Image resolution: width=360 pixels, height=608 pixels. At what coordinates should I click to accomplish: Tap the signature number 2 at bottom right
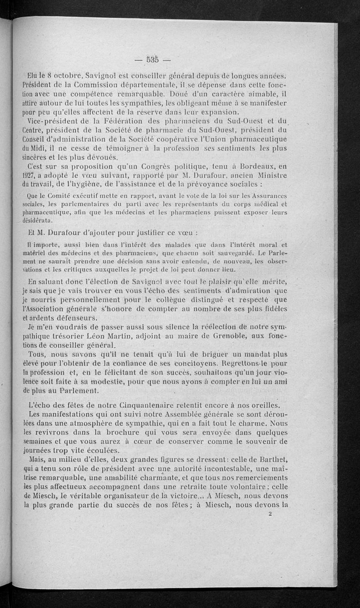coord(270,518)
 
